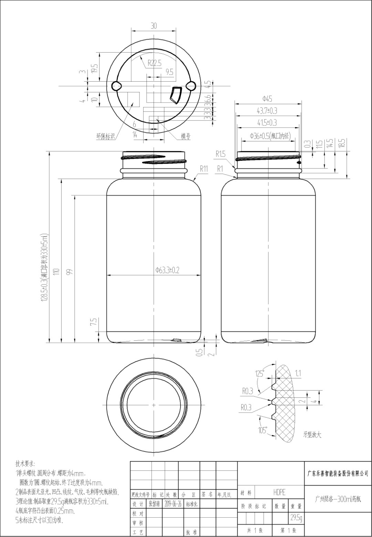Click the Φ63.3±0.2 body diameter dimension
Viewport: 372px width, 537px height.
point(167,270)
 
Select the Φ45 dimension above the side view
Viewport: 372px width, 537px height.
point(267,99)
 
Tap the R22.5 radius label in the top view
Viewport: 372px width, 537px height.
point(154,63)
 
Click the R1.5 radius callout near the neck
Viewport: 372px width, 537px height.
point(220,154)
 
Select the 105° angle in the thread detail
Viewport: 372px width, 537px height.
point(262,430)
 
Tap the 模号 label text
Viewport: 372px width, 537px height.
point(186,136)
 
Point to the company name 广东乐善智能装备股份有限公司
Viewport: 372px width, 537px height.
point(338,473)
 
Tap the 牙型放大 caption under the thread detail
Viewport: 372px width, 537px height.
point(312,435)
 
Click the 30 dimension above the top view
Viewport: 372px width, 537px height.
point(154,26)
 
